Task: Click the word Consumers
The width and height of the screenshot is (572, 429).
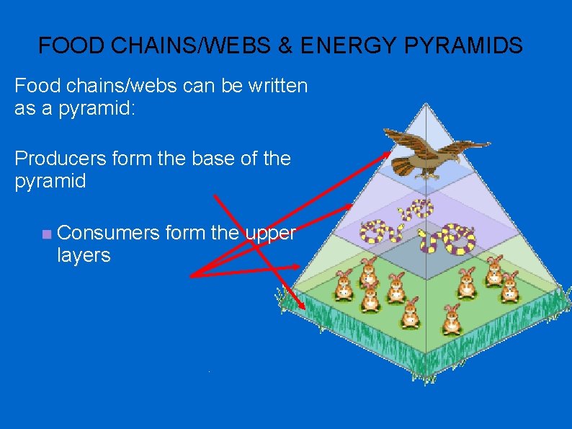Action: click(108, 232)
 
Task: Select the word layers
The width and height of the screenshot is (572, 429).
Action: click(84, 255)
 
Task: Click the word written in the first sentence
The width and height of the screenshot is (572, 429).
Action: click(273, 87)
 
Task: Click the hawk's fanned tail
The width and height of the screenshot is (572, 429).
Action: click(405, 167)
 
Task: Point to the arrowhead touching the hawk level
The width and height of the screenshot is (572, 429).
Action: click(388, 154)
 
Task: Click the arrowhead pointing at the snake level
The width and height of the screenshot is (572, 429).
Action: click(349, 206)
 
